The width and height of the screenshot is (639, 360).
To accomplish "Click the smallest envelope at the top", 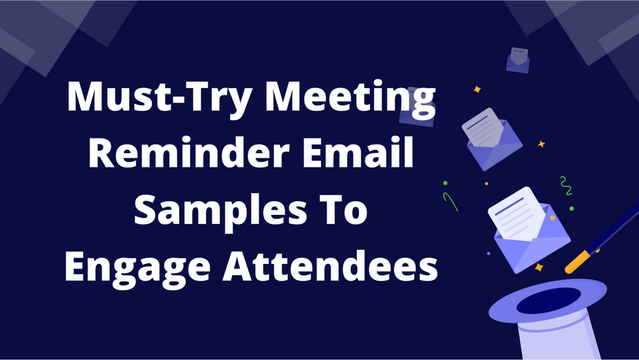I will (x=518, y=60).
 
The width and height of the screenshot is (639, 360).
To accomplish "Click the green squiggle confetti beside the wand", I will (x=566, y=185).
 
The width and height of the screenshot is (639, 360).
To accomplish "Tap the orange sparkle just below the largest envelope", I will (x=538, y=268).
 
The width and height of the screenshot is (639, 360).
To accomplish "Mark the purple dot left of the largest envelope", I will (x=488, y=253).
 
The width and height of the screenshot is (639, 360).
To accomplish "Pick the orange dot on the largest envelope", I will (x=552, y=218).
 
